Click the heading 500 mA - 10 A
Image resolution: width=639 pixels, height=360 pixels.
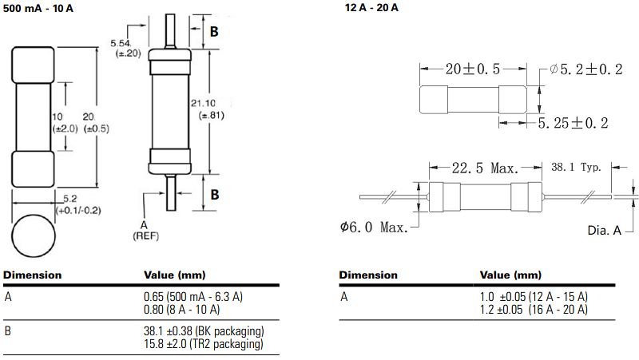coord(38,7)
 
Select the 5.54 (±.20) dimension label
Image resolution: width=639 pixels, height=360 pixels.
coord(129,47)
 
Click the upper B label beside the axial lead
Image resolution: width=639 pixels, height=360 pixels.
coord(213,33)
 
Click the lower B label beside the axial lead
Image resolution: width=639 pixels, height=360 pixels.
coord(213,193)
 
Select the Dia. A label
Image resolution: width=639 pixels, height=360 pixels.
coord(604,230)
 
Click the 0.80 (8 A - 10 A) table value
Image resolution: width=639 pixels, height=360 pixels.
coord(176,309)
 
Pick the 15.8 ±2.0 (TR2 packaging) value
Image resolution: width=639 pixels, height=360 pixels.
coord(197,343)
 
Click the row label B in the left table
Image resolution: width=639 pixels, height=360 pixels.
coord(7,331)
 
